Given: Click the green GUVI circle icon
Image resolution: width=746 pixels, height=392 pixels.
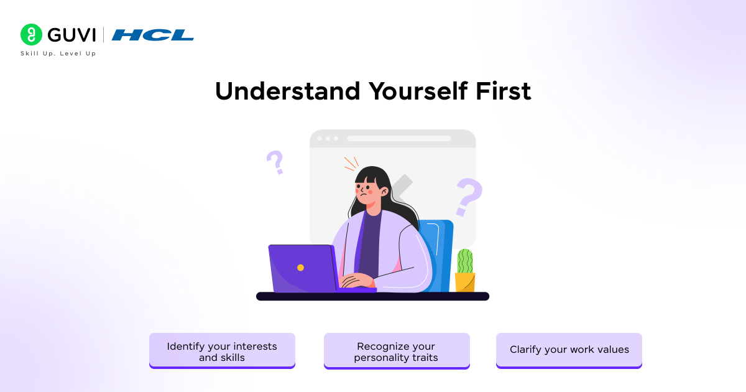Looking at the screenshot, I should coord(31,35).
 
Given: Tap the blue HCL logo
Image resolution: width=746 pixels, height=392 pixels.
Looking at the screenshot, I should coord(153,35).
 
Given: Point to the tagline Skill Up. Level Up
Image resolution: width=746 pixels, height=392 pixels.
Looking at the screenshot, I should coord(58,54).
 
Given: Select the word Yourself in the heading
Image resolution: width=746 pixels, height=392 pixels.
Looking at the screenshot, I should coord(417,91).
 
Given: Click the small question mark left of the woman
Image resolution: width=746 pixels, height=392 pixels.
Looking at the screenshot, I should coord(275,162).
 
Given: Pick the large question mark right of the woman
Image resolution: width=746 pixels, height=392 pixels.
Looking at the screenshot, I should coord(469,197).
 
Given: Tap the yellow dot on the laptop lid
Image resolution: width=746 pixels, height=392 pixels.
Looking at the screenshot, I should coord(300,268).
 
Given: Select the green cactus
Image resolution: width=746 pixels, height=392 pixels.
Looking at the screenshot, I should coord(465,261).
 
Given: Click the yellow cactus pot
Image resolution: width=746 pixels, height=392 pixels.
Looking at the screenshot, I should coord(464,282).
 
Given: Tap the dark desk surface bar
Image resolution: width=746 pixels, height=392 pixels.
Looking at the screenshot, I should coord(372,296).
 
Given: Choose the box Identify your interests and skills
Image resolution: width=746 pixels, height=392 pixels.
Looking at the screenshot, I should coord(222,351).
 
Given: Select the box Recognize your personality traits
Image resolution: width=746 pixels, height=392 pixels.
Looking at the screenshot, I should coord(396,351).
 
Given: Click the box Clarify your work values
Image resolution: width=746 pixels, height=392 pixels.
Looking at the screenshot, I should coord(569,350).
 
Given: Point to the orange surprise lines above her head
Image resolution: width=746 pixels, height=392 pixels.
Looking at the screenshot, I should coord(351,163).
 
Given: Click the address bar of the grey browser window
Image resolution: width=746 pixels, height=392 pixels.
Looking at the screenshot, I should coord(398,138).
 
